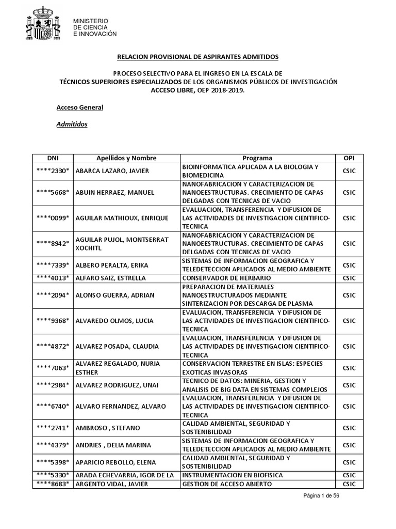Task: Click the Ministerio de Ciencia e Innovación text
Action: click(x=95, y=27)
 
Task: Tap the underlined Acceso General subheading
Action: click(x=79, y=107)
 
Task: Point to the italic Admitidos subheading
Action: click(x=72, y=125)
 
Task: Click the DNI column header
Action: click(x=53, y=158)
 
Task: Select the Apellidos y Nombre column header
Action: click(x=126, y=158)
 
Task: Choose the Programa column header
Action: click(x=257, y=158)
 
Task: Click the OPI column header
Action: click(x=349, y=158)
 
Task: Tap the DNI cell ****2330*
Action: click(x=53, y=171)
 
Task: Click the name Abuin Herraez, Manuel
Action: click(x=115, y=193)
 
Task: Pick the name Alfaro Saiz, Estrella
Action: click(x=111, y=278)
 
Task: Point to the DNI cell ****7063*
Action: click(x=53, y=368)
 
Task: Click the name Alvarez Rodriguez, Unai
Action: click(x=118, y=385)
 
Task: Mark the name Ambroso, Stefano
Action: click(x=108, y=428)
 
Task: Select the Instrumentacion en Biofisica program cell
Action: click(x=232, y=475)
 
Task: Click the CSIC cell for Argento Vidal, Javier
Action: click(x=349, y=484)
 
